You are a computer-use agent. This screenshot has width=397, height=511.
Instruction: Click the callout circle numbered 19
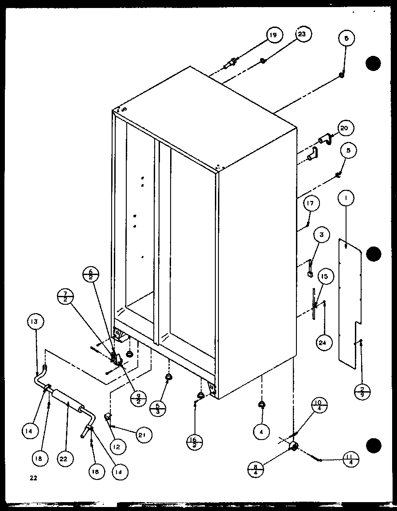(274, 35)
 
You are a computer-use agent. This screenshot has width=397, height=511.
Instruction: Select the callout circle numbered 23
(304, 35)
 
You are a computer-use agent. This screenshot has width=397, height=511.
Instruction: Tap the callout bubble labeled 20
(344, 128)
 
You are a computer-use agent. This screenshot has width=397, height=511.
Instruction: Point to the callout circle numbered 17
(311, 204)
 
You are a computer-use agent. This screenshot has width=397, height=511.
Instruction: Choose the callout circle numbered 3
(322, 235)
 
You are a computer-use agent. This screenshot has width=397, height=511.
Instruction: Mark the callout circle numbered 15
(324, 276)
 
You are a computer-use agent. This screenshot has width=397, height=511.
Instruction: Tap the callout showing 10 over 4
(320, 405)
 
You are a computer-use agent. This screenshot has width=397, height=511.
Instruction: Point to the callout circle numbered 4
(261, 429)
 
